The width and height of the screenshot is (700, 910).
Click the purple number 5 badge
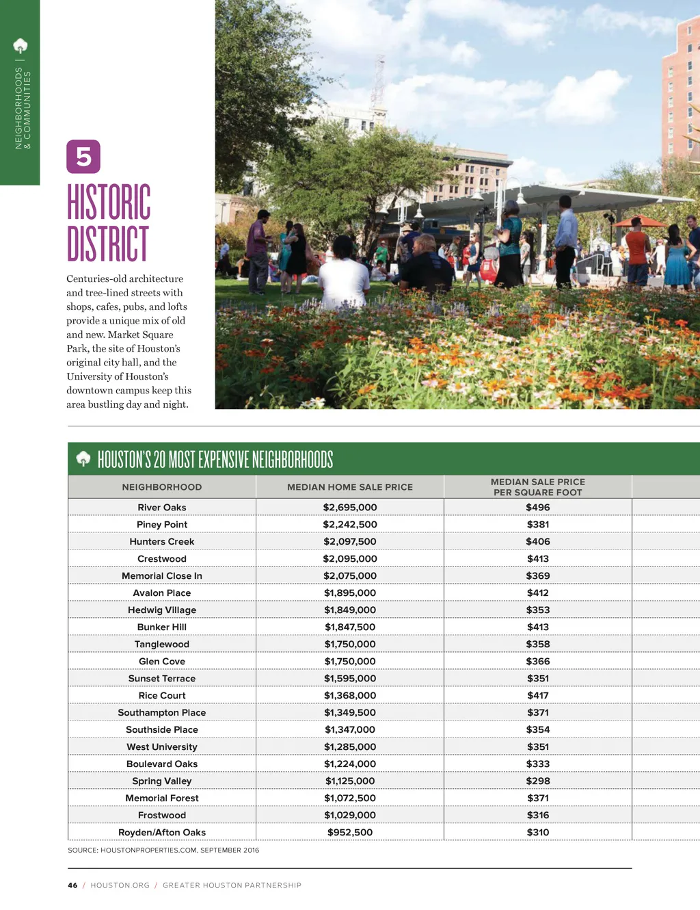point(83,157)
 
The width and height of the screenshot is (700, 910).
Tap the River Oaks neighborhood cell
point(162,507)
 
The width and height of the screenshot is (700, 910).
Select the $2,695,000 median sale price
point(350,507)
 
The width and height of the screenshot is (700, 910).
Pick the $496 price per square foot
point(538,507)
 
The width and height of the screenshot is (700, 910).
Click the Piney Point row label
point(162,524)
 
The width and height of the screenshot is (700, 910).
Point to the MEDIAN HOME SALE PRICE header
point(350,487)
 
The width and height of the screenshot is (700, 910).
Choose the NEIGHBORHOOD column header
point(162,487)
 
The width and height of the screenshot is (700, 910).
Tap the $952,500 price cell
point(350,832)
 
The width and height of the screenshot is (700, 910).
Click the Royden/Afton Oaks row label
point(162,832)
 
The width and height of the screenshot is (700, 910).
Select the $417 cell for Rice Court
point(538,695)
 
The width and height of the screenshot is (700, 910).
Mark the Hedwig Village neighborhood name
point(162,610)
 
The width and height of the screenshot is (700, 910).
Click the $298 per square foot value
point(538,781)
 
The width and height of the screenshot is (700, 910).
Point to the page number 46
point(72,885)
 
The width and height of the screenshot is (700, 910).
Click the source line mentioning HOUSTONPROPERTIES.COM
point(163,850)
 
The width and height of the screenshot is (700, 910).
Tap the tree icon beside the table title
point(83,458)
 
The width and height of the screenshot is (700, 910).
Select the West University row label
point(162,746)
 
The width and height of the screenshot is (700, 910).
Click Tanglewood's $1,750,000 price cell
point(350,644)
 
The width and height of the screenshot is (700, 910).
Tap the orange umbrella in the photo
point(638,222)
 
